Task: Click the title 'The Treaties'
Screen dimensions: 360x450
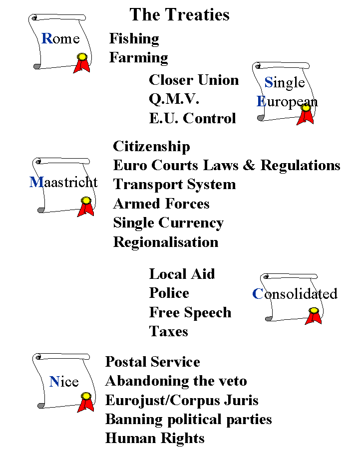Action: [x=180, y=14]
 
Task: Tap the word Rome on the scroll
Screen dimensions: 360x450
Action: [x=60, y=38]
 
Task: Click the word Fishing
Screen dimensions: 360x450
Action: [x=134, y=39]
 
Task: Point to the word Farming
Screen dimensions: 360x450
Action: [x=138, y=58]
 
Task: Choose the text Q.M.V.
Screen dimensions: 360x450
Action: [x=174, y=99]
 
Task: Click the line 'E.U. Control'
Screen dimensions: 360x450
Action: [x=193, y=118]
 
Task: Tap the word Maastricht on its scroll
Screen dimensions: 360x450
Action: [x=63, y=182]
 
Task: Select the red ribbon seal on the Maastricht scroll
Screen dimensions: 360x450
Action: [x=85, y=207]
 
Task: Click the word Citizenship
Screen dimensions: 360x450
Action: [x=151, y=146]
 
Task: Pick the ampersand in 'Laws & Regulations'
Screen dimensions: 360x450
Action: [x=249, y=165]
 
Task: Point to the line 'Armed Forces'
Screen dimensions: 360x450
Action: [x=161, y=204]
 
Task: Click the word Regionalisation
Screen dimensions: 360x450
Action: [x=166, y=242]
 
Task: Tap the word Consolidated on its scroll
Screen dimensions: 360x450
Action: [x=295, y=293]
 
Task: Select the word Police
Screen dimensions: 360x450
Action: [x=169, y=293]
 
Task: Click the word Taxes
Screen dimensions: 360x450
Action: [x=168, y=331]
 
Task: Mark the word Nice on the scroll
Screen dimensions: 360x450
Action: [x=64, y=382]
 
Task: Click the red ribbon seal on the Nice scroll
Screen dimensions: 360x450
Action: [x=85, y=402]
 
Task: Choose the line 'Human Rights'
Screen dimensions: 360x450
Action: [x=155, y=438]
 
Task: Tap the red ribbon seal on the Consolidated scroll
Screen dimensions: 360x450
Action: [x=313, y=316]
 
